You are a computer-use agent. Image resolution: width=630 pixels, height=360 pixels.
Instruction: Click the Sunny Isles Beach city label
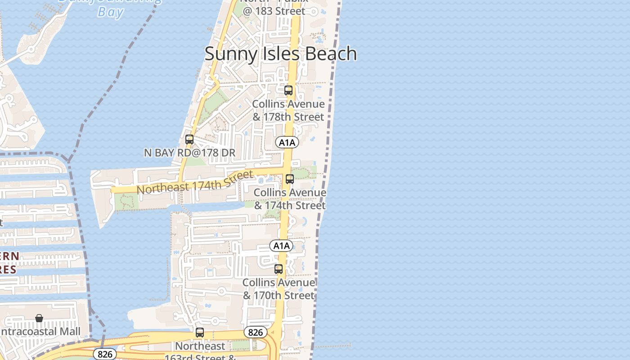(x=280, y=54)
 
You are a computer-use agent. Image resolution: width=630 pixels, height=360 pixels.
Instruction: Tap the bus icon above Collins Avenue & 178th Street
(x=288, y=90)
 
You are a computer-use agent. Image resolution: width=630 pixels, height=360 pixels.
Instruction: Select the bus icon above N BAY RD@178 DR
(x=189, y=139)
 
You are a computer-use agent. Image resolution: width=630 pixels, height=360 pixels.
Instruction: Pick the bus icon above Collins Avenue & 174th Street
(x=290, y=179)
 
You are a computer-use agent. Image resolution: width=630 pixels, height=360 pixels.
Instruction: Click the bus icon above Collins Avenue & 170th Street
(x=279, y=269)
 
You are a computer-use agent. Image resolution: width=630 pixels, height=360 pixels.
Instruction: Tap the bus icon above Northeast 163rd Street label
(x=199, y=333)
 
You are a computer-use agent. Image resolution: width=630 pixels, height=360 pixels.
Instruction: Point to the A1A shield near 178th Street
(x=287, y=143)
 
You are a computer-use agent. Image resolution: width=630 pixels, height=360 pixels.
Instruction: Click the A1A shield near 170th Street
(x=281, y=246)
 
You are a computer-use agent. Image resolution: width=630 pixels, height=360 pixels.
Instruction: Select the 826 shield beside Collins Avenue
(x=255, y=333)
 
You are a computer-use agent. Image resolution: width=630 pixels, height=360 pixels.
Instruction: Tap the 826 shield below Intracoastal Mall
(x=105, y=354)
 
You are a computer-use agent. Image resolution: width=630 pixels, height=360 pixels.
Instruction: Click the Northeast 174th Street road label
(x=195, y=182)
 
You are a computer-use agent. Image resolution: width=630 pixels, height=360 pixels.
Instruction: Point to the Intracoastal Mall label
(x=40, y=332)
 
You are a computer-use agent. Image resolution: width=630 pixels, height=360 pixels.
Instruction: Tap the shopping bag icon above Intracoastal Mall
(x=39, y=318)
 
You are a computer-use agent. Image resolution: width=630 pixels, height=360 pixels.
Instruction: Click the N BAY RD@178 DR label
(x=189, y=153)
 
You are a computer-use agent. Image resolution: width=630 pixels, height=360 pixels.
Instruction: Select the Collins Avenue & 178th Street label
(x=288, y=110)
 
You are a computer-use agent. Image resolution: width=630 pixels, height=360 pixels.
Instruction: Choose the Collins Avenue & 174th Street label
(x=290, y=199)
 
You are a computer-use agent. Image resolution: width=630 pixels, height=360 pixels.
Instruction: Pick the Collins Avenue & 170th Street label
(x=279, y=289)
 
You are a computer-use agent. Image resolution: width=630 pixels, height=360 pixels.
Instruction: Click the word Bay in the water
(x=110, y=12)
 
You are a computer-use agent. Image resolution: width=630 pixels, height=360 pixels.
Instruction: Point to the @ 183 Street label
(x=274, y=11)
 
